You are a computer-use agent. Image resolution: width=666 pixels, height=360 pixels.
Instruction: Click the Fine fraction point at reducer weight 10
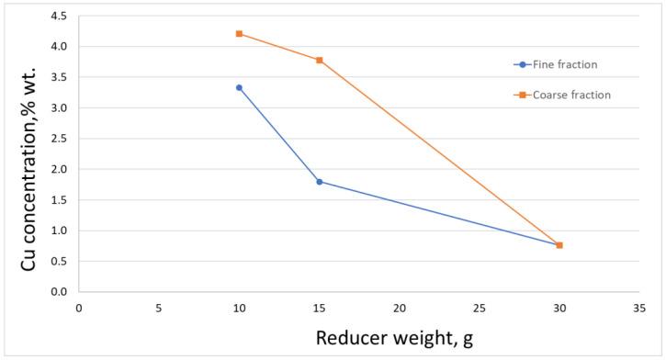click(239, 88)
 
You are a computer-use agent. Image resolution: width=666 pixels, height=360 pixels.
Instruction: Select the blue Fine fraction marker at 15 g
click(319, 182)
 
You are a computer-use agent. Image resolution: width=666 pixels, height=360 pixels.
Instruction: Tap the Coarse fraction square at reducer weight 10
click(239, 34)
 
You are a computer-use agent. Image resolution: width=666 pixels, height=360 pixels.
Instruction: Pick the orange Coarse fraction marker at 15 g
click(319, 61)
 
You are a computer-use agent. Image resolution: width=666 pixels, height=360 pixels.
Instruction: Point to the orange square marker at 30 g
click(559, 245)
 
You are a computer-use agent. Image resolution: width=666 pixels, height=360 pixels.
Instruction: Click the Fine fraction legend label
click(570, 64)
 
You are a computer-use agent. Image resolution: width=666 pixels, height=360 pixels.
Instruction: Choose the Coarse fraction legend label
click(575, 94)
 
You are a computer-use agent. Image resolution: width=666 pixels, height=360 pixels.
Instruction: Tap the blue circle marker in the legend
click(522, 64)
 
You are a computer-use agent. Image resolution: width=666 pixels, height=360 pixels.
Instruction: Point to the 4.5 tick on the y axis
click(59, 16)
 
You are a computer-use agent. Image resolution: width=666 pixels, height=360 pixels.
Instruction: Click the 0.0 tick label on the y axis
click(59, 292)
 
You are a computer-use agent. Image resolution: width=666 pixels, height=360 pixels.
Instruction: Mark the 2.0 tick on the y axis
click(59, 169)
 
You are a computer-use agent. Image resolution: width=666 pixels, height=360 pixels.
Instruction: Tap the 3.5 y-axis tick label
click(59, 77)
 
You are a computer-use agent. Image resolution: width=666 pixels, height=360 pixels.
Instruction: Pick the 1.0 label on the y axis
click(59, 231)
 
